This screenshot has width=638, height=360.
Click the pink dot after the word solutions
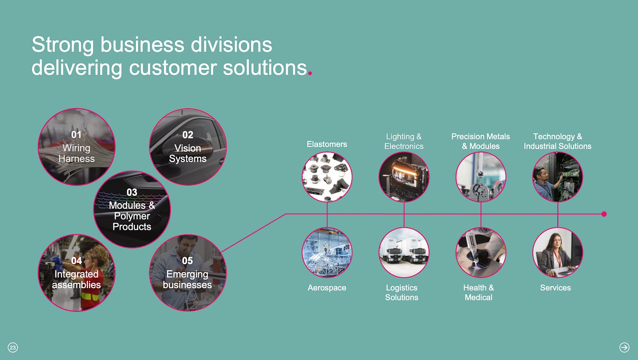[x=310, y=74]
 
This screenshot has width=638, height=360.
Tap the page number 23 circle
[x=13, y=348]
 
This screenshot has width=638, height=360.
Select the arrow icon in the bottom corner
[x=624, y=347]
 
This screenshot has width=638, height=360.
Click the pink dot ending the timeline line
[x=604, y=214]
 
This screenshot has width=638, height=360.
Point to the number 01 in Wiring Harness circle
[x=76, y=135]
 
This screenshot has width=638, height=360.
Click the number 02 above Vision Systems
[x=188, y=135]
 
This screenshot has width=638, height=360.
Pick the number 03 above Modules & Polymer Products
[x=132, y=192]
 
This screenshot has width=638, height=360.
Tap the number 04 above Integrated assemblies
[x=76, y=261]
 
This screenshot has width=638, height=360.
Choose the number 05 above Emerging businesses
[x=188, y=261]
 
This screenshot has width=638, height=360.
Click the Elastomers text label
[x=327, y=144]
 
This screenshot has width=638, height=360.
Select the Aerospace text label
[x=327, y=288]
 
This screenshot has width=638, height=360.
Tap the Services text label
[x=555, y=288]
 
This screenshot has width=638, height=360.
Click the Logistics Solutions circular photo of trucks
[x=404, y=252]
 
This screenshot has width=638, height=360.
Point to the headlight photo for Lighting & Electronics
[x=404, y=177]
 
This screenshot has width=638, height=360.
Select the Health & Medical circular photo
[x=481, y=252]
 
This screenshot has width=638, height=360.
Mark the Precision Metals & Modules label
[x=481, y=141]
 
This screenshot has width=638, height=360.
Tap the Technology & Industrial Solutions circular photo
[x=557, y=177]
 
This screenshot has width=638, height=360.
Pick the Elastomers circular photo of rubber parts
[x=327, y=177]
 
